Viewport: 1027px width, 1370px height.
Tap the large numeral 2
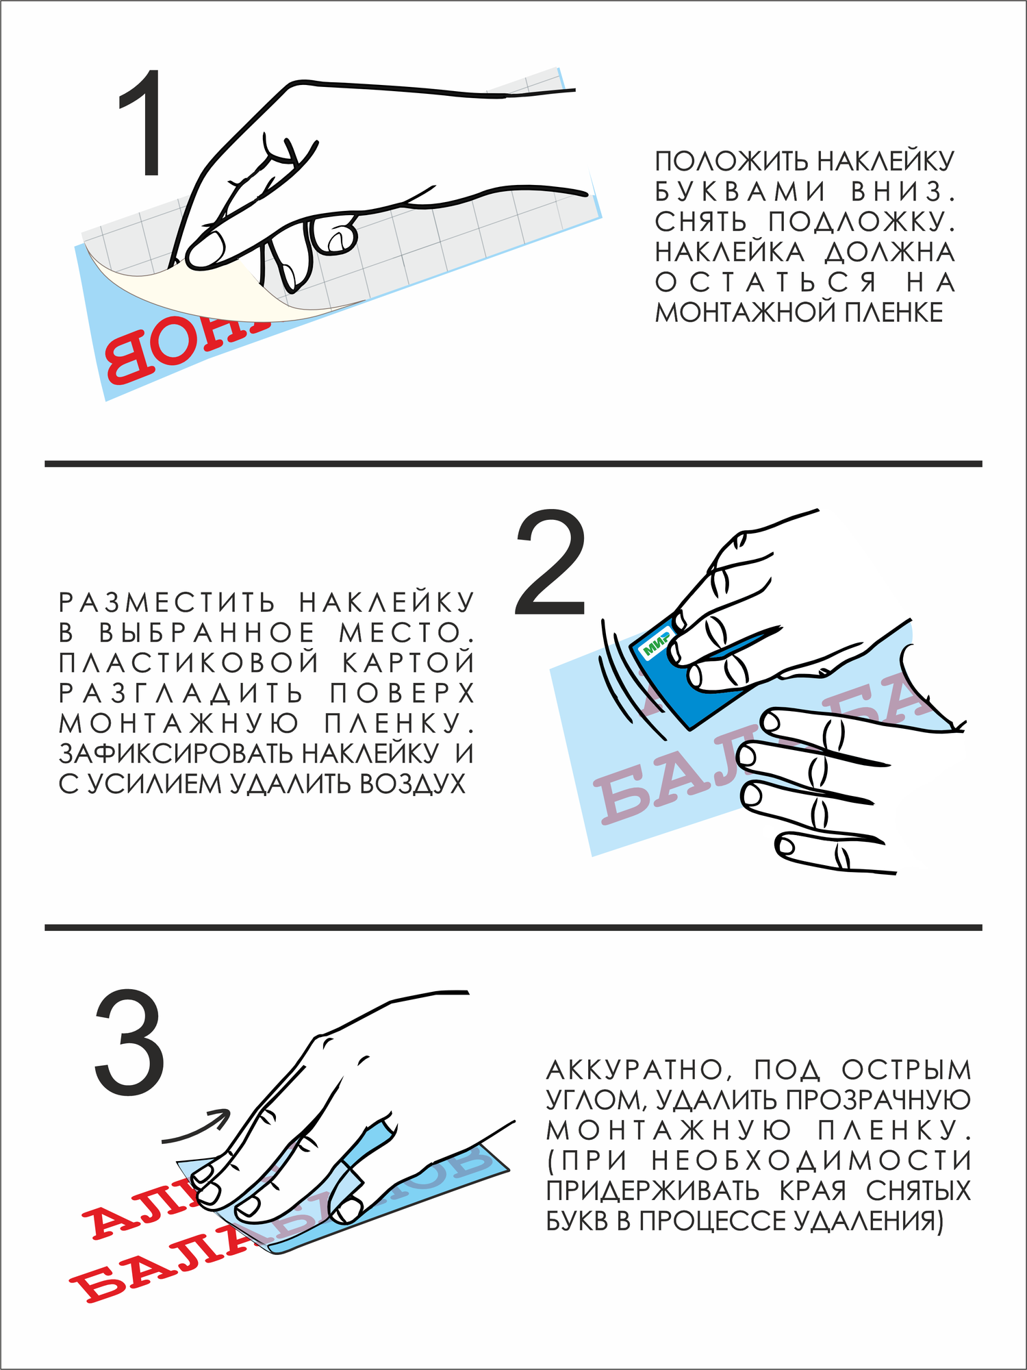tap(550, 562)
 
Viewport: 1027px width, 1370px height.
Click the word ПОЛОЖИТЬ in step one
tap(732, 162)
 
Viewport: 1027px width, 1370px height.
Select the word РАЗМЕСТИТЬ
tap(167, 603)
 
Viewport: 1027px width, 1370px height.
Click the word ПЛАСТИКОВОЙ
tap(189, 663)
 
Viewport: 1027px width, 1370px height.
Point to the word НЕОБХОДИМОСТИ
tap(811, 1160)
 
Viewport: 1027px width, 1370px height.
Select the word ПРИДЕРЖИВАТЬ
tap(652, 1191)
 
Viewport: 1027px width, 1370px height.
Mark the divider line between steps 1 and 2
tap(513, 464)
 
